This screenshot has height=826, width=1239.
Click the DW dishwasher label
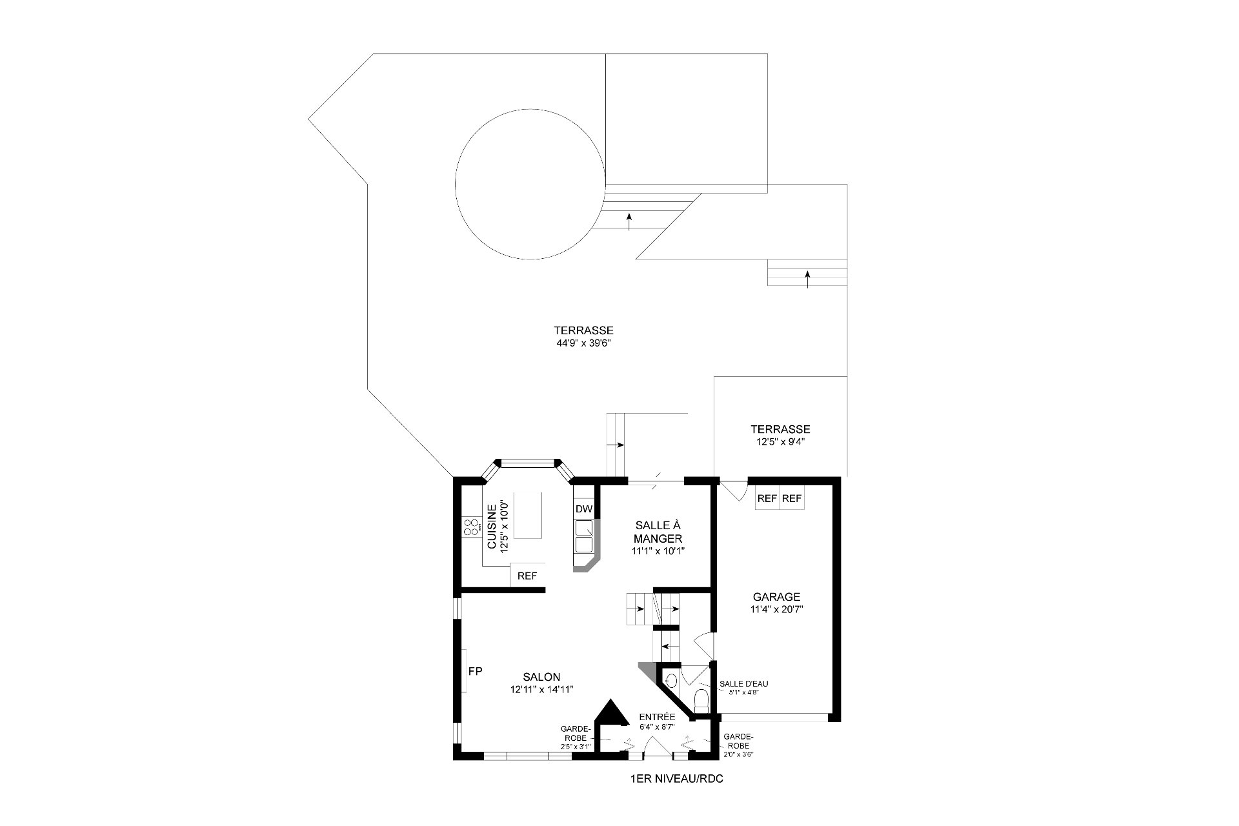584,509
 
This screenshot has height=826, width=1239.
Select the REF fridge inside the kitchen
527,576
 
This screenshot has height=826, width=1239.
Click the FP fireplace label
475,671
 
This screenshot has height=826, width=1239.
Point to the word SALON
542,677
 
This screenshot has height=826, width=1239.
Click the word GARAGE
776,597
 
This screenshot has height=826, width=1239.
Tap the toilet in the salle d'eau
701,700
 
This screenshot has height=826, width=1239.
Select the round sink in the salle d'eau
671,680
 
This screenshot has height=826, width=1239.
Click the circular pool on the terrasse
530,185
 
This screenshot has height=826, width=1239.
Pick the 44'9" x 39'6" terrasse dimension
583,343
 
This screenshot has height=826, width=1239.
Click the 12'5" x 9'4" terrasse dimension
780,442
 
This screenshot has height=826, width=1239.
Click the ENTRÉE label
657,717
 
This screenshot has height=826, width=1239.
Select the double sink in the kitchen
584,536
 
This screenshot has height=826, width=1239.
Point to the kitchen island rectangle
527,515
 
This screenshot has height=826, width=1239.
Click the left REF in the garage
767,498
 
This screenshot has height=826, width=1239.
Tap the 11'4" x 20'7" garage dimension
776,609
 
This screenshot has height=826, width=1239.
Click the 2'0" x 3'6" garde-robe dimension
740,754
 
